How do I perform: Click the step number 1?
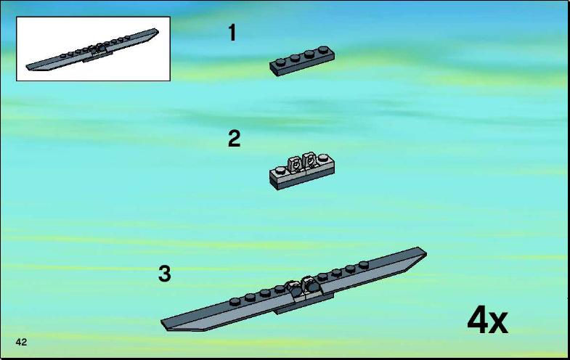tap(232, 33)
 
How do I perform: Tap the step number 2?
tap(234, 139)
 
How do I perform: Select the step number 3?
tap(164, 274)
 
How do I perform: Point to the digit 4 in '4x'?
tap(478, 319)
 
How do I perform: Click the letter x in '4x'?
tap(498, 323)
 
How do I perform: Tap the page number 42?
tap(21, 342)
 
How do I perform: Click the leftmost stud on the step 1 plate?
tap(280, 62)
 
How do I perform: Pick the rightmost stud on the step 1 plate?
tap(324, 49)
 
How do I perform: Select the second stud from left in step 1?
tap(295, 58)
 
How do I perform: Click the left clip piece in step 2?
tap(294, 163)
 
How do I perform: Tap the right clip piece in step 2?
tap(309, 160)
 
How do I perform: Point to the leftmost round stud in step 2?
tap(280, 170)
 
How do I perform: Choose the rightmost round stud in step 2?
tap(323, 157)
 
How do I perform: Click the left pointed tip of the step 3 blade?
tap(162, 322)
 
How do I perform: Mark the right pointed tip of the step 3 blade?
tap(426, 251)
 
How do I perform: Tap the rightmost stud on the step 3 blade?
tap(364, 264)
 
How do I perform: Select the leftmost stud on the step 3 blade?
tap(235, 301)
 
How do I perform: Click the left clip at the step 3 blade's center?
tap(293, 287)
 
